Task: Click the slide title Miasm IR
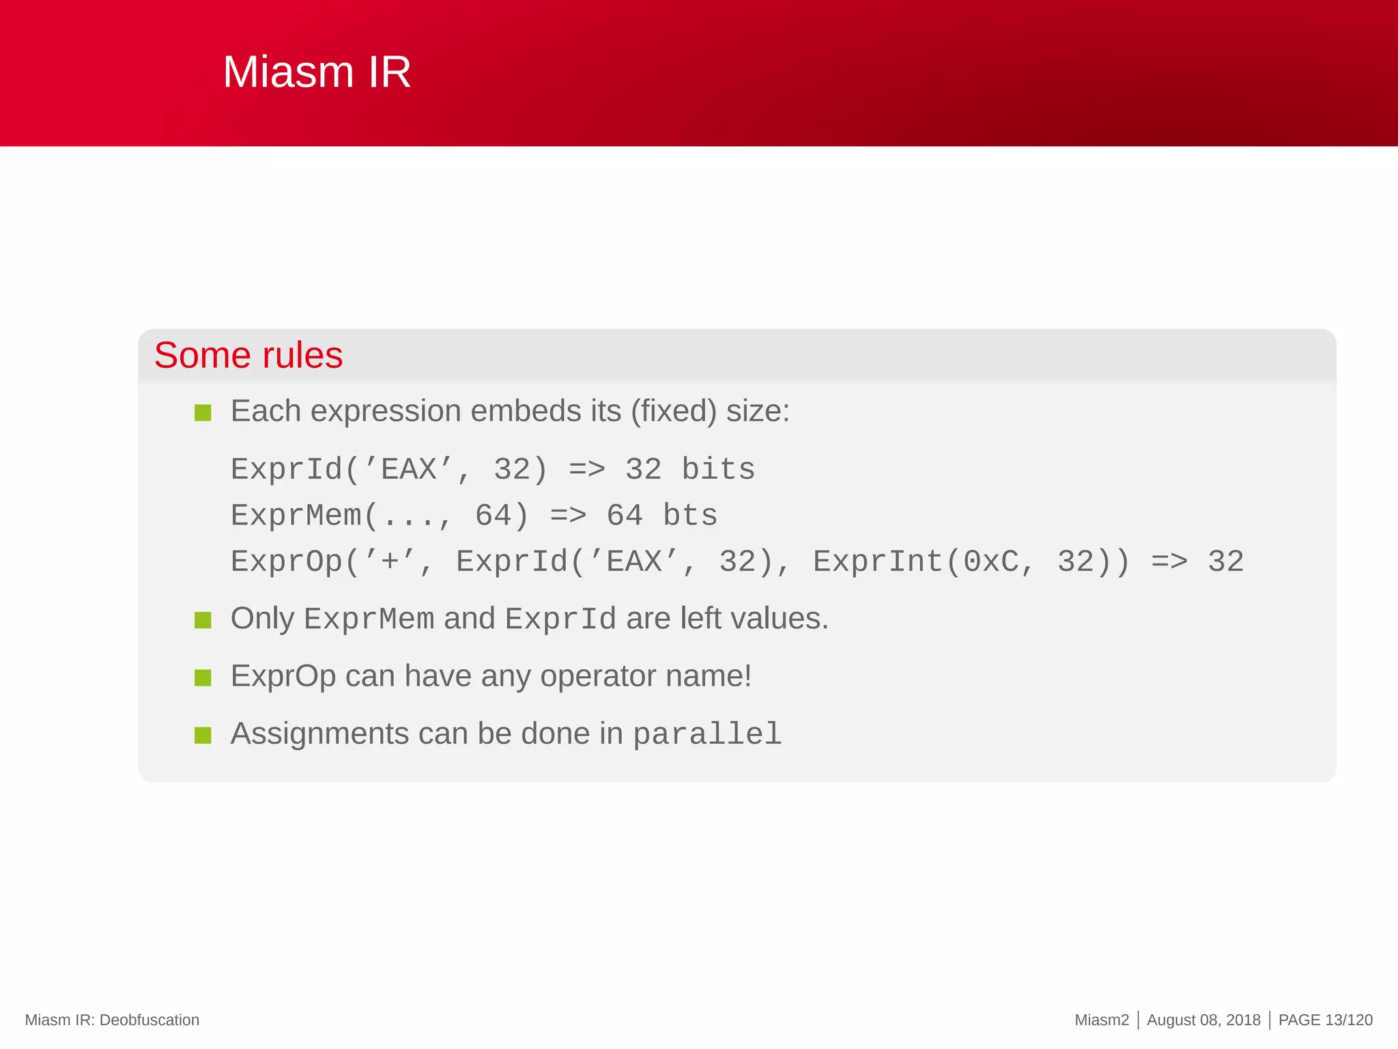[x=317, y=72]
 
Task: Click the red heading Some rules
[x=248, y=355]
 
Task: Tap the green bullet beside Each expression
[x=203, y=412]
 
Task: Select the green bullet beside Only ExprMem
[x=203, y=620]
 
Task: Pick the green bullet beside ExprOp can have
[x=203, y=677]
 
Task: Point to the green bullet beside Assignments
[x=203, y=735]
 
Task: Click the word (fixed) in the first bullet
[x=674, y=411]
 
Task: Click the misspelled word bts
[x=690, y=516]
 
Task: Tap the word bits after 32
[x=718, y=470]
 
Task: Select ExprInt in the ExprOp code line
[x=878, y=562]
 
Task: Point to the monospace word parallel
[x=707, y=735]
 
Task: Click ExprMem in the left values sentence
[x=369, y=619]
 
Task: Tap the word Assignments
[x=320, y=733]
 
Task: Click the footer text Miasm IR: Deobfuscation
[x=112, y=1020]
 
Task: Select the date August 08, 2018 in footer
[x=1203, y=1020]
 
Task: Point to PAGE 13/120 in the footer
[x=1325, y=1020]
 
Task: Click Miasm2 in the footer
[x=1102, y=1020]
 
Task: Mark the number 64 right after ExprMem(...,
[x=493, y=516]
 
